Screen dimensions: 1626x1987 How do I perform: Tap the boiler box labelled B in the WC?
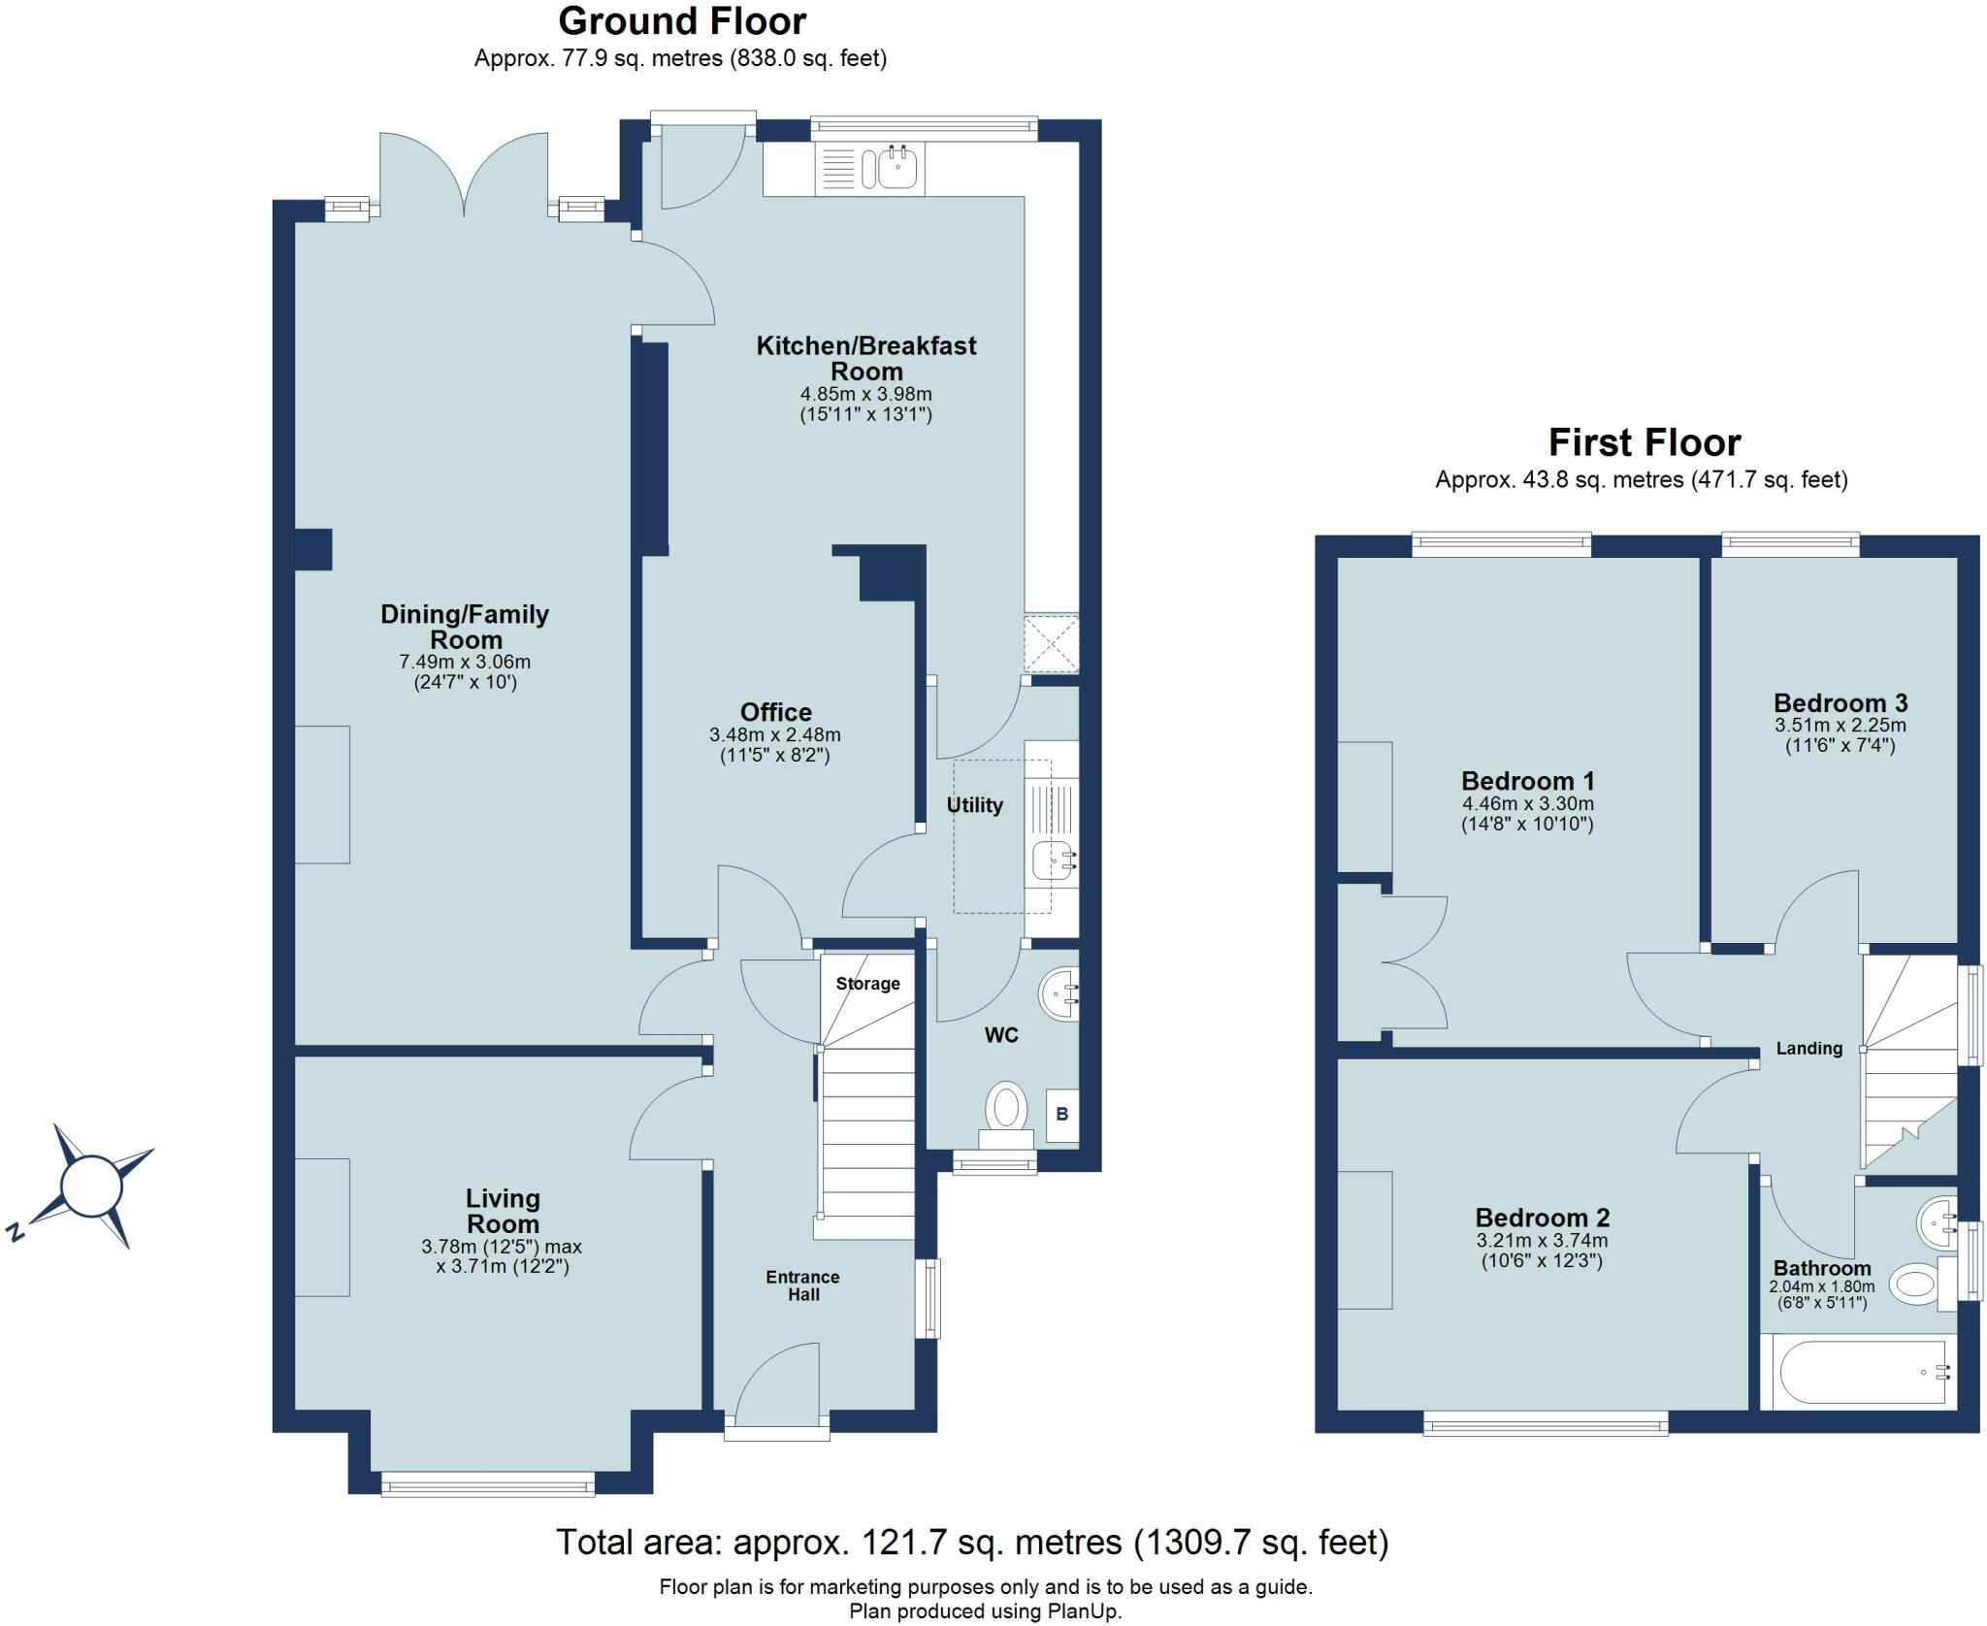pos(1061,1114)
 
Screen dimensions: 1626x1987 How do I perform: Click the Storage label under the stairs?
pos(867,984)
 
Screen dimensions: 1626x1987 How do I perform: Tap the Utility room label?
pos(974,805)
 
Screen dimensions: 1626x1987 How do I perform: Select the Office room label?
pos(775,712)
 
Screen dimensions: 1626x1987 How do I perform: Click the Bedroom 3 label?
pos(1840,702)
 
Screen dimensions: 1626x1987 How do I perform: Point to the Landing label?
pos(1808,1048)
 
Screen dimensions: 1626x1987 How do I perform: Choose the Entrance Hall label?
pos(802,1285)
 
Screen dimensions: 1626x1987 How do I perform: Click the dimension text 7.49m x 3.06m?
pos(465,662)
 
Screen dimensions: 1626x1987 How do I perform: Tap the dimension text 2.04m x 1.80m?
pos(1821,1287)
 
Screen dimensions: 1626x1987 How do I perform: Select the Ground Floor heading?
pos(682,21)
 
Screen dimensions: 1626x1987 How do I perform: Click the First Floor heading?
pos(1644,442)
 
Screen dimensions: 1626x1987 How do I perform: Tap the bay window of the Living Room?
pos(487,1484)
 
